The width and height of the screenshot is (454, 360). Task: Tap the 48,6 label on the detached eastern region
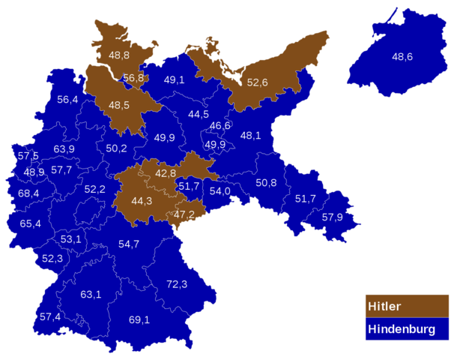tap(402, 56)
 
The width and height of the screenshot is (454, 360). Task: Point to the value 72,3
tap(177, 284)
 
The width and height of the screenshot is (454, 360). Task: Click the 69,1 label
tap(139, 320)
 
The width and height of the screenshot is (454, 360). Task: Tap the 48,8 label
tap(119, 55)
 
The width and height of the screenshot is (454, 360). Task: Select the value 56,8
tap(133, 78)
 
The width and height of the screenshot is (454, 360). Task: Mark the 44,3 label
tap(142, 201)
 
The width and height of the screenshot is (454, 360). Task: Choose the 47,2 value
tap(184, 215)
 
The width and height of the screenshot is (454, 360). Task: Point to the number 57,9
tap(333, 217)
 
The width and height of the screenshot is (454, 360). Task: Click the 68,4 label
tap(29, 193)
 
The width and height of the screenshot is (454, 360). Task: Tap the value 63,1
tap(91, 294)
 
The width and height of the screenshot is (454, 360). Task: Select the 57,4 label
tap(50, 316)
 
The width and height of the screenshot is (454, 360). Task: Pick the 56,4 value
tap(67, 100)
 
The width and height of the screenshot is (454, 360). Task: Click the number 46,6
tap(220, 126)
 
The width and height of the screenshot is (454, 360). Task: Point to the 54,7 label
tap(129, 244)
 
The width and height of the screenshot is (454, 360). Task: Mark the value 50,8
tap(266, 183)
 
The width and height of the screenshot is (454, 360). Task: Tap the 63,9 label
tap(64, 149)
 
